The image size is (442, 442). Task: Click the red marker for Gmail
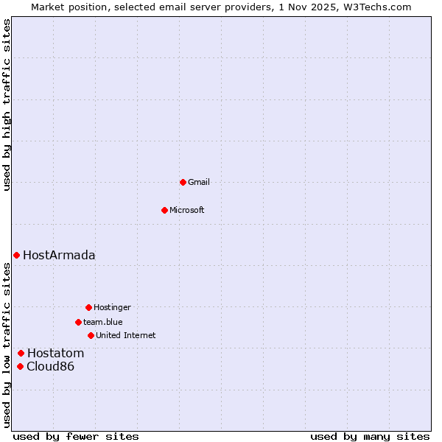tap(183, 182)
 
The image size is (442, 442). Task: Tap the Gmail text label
tap(199, 183)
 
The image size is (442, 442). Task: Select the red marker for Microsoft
tap(165, 210)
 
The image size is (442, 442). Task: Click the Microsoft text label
tap(186, 211)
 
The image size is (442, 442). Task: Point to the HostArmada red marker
tap(16, 255)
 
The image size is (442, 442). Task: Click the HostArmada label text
tap(59, 256)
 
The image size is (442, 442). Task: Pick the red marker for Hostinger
tap(88, 307)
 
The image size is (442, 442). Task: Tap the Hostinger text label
tap(112, 308)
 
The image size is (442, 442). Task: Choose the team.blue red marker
tap(78, 322)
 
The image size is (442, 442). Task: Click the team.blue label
tap(102, 323)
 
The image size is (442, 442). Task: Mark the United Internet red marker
tap(91, 335)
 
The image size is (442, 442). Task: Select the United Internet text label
tap(125, 336)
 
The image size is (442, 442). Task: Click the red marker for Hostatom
tap(21, 353)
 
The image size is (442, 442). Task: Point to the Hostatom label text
tap(55, 354)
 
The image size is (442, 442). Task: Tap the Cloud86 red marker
tap(21, 366)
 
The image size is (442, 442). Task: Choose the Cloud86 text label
tap(50, 367)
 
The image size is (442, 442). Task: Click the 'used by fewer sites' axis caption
tap(76, 436)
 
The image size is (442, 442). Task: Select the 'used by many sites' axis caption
tap(370, 436)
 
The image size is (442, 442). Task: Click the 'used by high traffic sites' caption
tap(7, 105)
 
